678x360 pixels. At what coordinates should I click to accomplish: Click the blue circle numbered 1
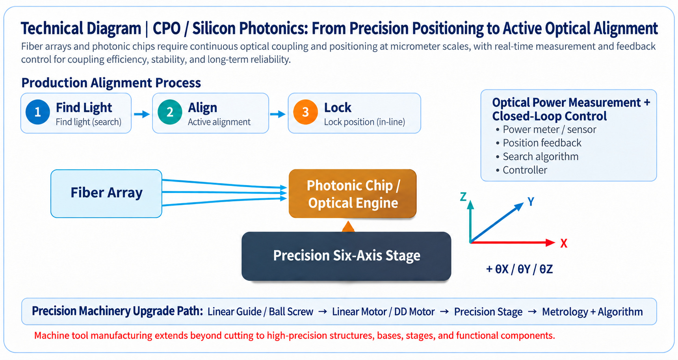click(x=38, y=112)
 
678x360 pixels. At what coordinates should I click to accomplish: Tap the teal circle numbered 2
click(x=170, y=112)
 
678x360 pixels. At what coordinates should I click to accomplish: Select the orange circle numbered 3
click(x=305, y=112)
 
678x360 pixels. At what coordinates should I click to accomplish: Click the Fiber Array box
click(x=106, y=193)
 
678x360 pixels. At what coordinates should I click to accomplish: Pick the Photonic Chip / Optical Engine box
click(x=353, y=193)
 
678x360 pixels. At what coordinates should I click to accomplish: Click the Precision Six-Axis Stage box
click(x=346, y=256)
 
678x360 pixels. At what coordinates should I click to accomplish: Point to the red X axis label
click(x=564, y=243)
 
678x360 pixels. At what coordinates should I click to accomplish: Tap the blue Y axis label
click(x=531, y=202)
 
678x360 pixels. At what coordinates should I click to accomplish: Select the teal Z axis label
click(x=463, y=197)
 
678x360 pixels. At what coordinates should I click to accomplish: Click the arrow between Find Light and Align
click(x=142, y=114)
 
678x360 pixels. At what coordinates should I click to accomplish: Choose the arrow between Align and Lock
click(x=278, y=114)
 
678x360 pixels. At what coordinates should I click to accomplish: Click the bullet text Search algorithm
click(x=541, y=157)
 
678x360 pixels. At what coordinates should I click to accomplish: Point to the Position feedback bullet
click(x=542, y=143)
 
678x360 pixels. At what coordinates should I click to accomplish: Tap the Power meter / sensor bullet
click(x=550, y=130)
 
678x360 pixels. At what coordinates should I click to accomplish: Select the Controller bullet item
click(x=525, y=170)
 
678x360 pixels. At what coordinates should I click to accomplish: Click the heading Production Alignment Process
click(x=111, y=83)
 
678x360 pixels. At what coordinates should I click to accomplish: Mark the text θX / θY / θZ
click(x=524, y=269)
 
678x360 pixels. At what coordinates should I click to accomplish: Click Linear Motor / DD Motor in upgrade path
click(x=383, y=312)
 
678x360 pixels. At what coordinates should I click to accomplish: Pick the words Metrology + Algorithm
click(x=593, y=312)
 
